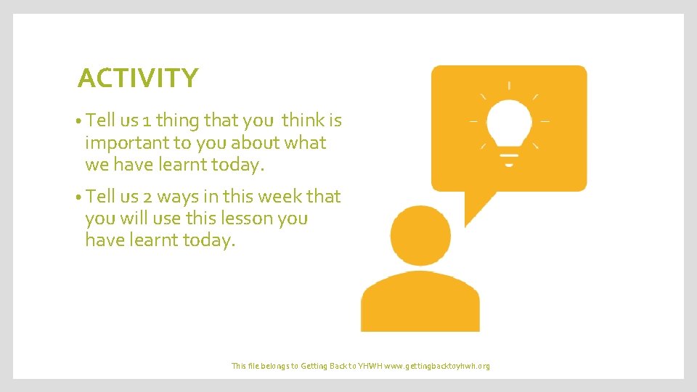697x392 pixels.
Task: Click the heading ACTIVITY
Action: tap(137, 78)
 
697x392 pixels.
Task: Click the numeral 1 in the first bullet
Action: tap(144, 120)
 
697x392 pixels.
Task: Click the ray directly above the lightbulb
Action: tap(509, 86)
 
